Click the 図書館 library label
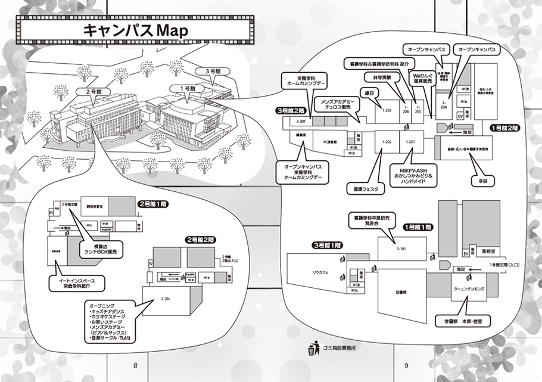tap(400, 293)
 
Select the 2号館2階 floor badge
tap(200, 239)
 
